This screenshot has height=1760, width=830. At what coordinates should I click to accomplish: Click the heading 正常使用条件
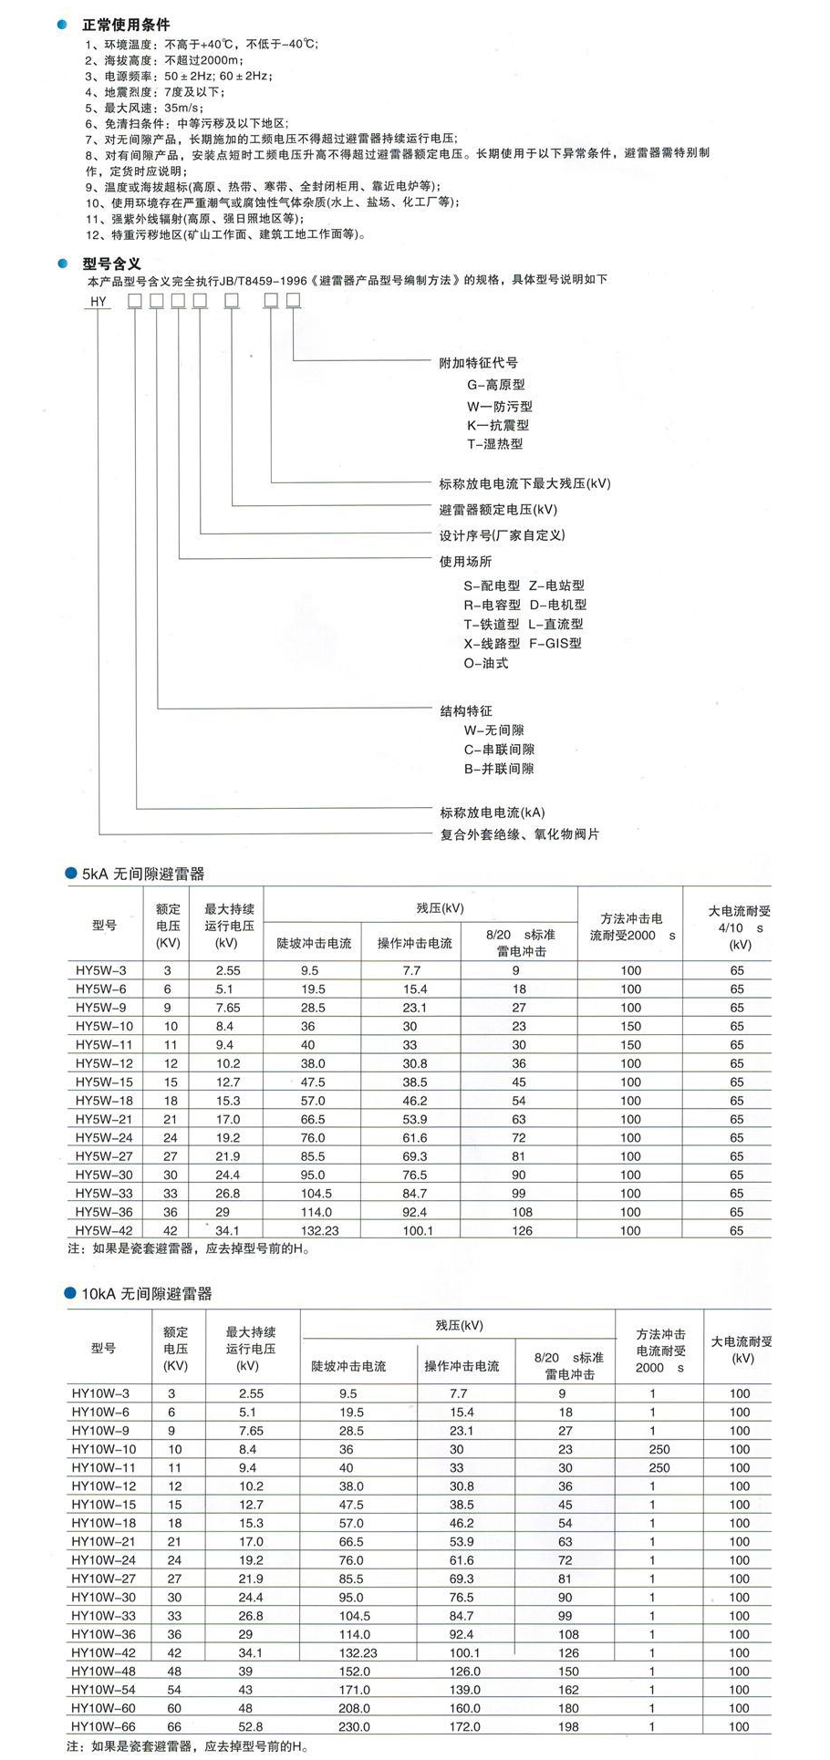click(x=125, y=25)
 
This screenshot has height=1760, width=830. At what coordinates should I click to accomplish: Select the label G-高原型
click(x=496, y=385)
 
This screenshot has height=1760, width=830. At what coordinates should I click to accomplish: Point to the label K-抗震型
click(x=498, y=425)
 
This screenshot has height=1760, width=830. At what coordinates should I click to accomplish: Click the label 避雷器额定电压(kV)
click(x=498, y=509)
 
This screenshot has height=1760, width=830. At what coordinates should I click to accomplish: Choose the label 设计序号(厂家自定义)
click(x=503, y=535)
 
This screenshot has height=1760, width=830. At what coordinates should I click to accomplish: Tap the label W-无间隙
click(x=493, y=730)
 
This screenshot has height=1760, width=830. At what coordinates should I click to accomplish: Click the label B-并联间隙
click(x=499, y=769)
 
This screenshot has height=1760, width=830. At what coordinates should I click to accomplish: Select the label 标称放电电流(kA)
click(x=493, y=813)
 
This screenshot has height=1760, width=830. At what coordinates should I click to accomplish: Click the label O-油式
click(x=485, y=663)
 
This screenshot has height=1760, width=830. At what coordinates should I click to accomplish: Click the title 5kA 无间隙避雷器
click(x=143, y=874)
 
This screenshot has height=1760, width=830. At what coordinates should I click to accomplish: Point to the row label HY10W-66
click(x=103, y=1726)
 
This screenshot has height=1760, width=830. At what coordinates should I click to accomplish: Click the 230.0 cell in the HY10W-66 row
click(x=354, y=1726)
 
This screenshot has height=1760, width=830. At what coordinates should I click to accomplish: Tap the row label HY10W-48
click(x=103, y=1671)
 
